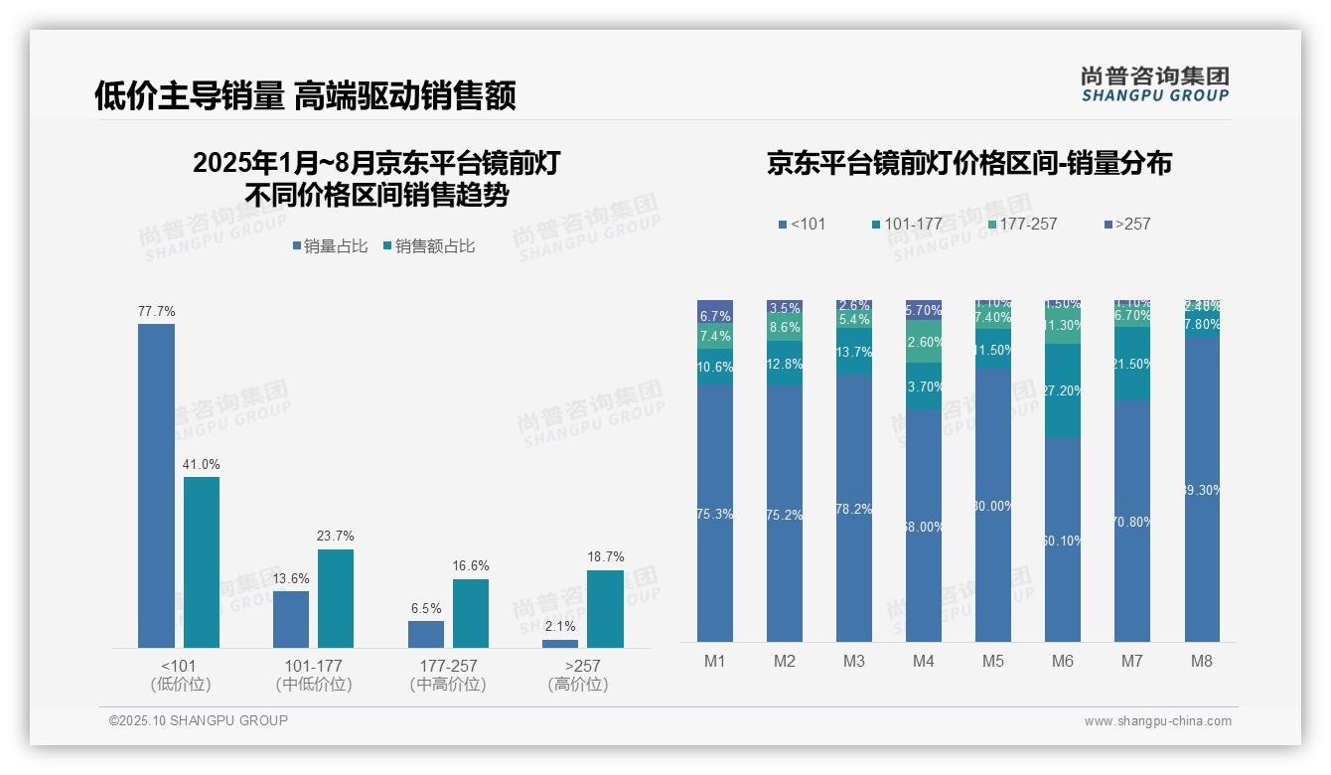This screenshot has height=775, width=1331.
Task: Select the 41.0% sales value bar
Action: coord(202,562)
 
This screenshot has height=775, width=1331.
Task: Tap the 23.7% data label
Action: coord(337,536)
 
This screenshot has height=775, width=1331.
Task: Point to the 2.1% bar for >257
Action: coord(560,644)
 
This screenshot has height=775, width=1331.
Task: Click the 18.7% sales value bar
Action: coord(605,608)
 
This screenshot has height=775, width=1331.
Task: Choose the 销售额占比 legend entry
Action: coord(428,246)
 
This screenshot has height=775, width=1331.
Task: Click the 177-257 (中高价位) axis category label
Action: coord(448,675)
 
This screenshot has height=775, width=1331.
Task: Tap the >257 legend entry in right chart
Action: coord(1126,224)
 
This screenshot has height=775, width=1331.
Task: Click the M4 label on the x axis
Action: coord(923,661)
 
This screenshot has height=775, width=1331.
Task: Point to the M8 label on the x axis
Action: coord(1201,661)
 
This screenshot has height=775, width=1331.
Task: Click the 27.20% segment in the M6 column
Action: coord(1063,390)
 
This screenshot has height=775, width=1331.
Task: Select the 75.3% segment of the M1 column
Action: coord(715,514)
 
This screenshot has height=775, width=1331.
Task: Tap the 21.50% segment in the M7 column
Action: coord(1132,364)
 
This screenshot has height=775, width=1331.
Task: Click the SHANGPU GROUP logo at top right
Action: coord(1154,84)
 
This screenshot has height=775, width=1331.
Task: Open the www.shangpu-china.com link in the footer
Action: coord(1157,721)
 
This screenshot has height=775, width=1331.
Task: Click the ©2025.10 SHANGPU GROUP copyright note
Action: coord(199,720)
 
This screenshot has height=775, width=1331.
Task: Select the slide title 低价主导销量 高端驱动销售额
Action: coord(305,95)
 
